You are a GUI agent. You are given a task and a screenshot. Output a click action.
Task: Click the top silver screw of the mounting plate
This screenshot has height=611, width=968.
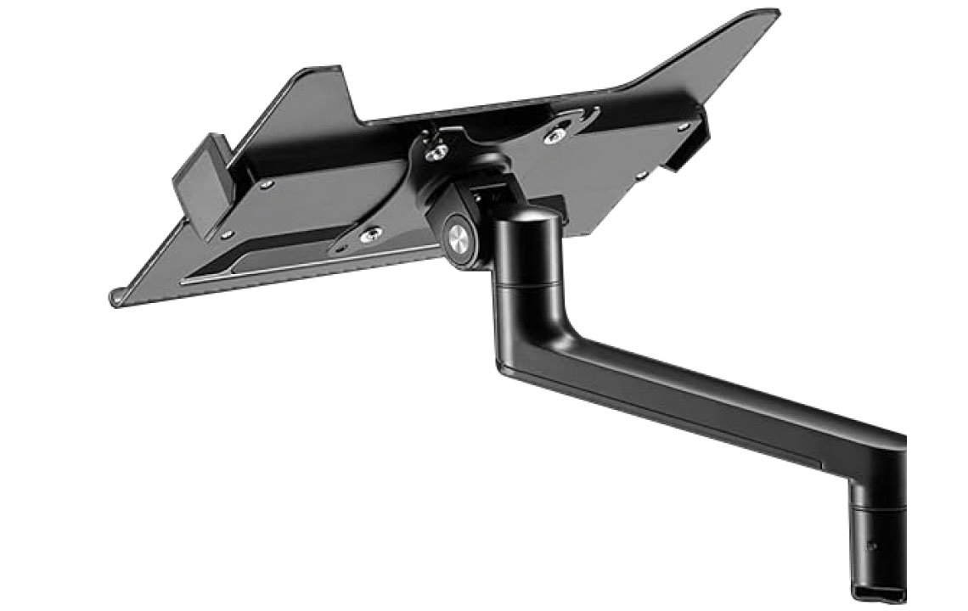(438, 151)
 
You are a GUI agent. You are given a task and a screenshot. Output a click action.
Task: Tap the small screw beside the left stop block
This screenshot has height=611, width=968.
(267, 183)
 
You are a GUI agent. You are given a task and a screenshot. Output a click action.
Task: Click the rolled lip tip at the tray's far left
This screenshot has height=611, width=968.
(115, 298)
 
